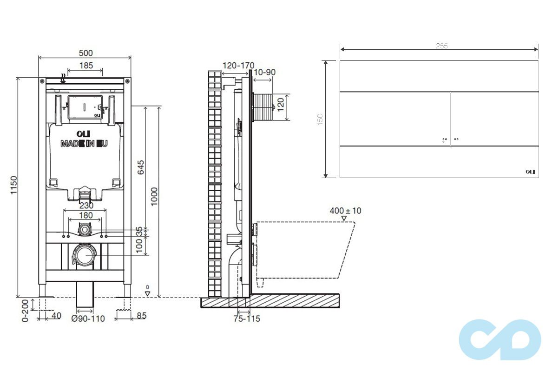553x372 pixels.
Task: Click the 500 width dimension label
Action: click(x=85, y=53)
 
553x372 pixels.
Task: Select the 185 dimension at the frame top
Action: click(x=86, y=66)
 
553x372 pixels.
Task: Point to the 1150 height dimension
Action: click(x=13, y=185)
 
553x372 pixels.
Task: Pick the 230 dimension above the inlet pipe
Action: click(x=86, y=205)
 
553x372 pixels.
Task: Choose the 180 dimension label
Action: click(x=86, y=215)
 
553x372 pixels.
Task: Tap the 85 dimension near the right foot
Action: click(x=141, y=316)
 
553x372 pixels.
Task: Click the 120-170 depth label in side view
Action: click(x=238, y=66)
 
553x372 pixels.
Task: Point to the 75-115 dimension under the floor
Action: click(x=247, y=319)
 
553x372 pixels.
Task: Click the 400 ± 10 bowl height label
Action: click(x=345, y=211)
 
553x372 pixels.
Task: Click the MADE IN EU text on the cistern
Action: click(x=84, y=144)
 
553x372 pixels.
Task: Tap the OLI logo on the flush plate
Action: click(x=530, y=172)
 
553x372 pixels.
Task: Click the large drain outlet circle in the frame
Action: click(x=85, y=256)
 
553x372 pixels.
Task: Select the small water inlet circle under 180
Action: click(x=85, y=229)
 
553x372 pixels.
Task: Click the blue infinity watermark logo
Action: click(x=500, y=339)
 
